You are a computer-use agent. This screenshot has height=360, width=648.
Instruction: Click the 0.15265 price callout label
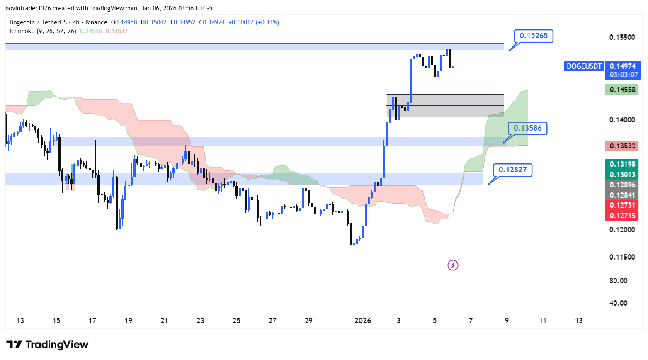point(534,36)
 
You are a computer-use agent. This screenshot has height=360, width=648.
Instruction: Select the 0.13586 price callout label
point(527,128)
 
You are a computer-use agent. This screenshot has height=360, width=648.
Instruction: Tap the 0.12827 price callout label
point(512,170)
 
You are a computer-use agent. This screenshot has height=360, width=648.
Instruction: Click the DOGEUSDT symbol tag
point(584,66)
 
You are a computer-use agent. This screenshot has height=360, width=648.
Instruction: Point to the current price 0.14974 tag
point(623,66)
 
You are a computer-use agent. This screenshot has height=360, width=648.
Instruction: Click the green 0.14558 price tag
point(622,89)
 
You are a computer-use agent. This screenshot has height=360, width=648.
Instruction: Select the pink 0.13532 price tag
point(622,146)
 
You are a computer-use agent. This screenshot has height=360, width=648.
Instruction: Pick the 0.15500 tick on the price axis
point(622,37)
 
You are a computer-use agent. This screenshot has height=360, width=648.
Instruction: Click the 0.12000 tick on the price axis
point(622,229)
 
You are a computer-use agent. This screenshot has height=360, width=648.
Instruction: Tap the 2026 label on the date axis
point(363,321)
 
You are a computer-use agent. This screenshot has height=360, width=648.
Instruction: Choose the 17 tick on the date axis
point(92,321)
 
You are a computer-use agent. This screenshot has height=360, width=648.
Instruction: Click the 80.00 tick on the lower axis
point(618,281)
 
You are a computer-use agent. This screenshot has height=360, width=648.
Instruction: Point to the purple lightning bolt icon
point(453,265)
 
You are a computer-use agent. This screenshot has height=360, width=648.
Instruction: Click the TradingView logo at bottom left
point(47,344)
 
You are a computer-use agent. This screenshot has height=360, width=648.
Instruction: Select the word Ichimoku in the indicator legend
point(22,31)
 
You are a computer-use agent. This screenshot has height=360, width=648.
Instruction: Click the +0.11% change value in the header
point(267,22)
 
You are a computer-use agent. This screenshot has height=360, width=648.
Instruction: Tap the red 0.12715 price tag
point(622,216)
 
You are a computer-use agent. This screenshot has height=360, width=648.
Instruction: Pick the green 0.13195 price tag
point(622,164)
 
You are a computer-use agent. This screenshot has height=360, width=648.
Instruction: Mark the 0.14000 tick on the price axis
point(622,120)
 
